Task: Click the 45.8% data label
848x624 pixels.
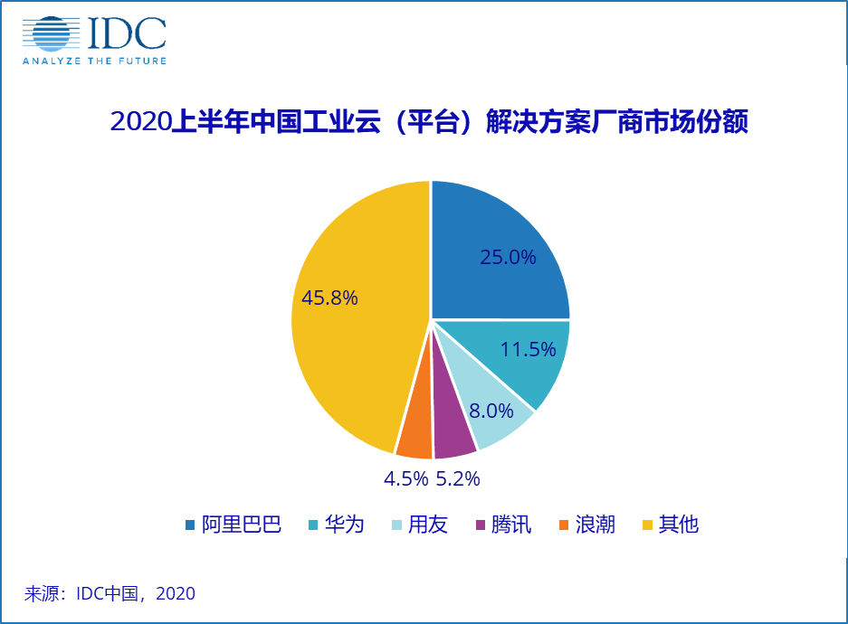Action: tap(329, 297)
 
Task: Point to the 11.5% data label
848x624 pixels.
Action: tap(528, 350)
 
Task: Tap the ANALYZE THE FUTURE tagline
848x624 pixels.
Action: tap(93, 61)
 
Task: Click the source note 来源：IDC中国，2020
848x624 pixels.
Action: tap(110, 594)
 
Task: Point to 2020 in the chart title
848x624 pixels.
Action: tap(139, 123)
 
